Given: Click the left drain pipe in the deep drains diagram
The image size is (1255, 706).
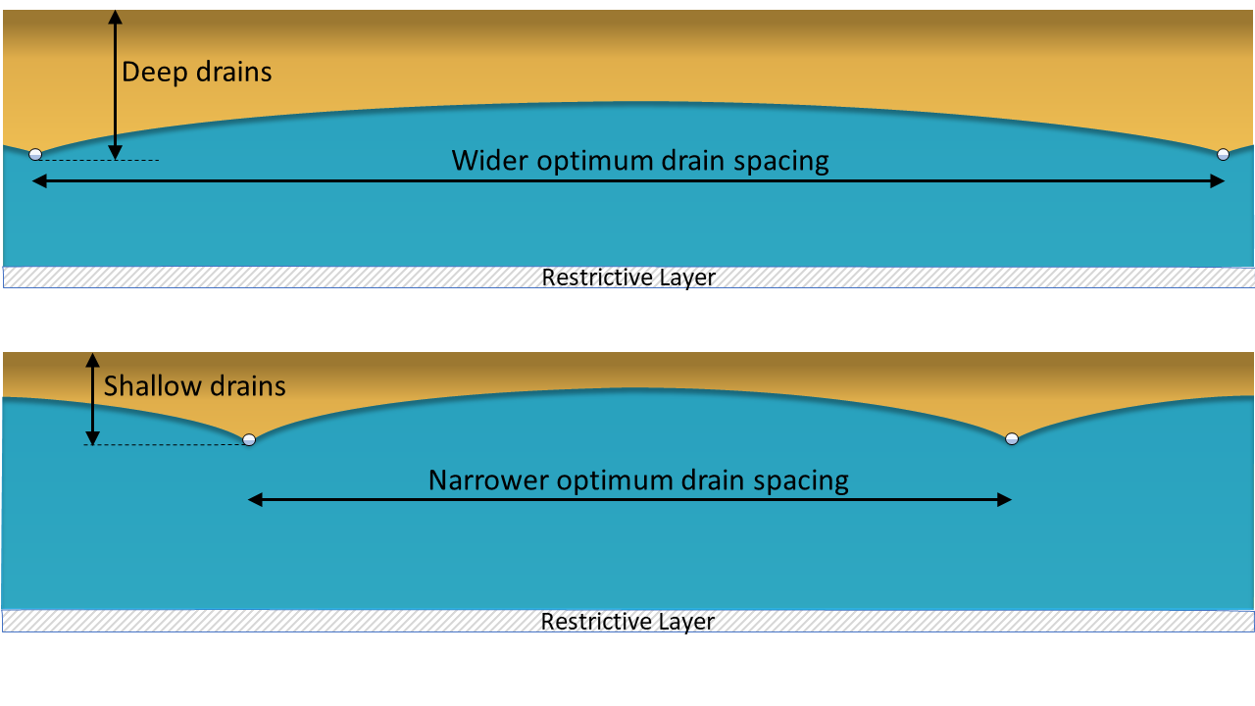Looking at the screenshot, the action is [35, 154].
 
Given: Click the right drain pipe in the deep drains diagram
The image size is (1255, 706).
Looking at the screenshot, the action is [1223, 154].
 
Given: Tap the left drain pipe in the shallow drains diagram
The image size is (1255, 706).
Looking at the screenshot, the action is [249, 439].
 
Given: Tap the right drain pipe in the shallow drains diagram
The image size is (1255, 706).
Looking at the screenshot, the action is [1012, 438].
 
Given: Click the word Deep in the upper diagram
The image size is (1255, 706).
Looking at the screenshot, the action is [154, 73].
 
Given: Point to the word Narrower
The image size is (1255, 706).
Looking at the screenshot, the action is [488, 480].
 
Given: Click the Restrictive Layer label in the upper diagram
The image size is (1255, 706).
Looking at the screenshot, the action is [628, 277].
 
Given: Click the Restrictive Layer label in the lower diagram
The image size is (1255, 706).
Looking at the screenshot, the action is [627, 622].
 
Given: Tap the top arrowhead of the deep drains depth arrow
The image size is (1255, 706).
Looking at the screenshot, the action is [116, 17].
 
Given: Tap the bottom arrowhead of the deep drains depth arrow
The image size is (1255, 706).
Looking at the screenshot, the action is [116, 152].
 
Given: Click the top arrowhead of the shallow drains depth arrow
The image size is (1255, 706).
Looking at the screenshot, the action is [93, 360].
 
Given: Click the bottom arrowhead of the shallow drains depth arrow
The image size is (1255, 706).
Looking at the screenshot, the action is [93, 437].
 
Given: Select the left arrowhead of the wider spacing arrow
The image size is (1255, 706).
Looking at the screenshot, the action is [39, 181].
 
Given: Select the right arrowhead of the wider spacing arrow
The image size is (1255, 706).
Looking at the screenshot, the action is [1217, 181].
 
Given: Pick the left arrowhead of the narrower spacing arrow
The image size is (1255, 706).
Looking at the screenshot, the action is [255, 500].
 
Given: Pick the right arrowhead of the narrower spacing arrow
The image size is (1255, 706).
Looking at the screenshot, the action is [1005, 500].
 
